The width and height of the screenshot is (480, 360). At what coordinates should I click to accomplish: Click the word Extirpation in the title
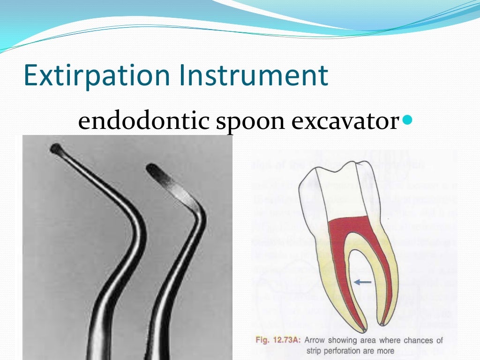pos(96,76)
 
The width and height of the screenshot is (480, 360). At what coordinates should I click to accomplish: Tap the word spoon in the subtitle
pos(244,121)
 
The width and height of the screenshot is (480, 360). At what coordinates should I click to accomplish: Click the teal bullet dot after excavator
pos(406,120)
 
